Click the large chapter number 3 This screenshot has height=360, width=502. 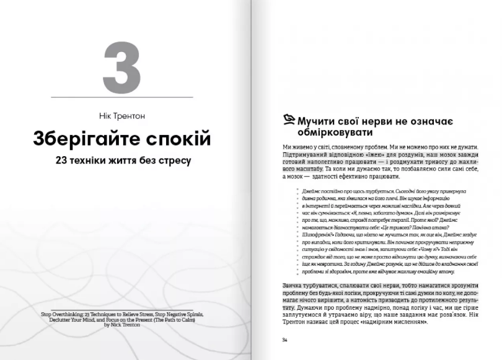122,66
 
